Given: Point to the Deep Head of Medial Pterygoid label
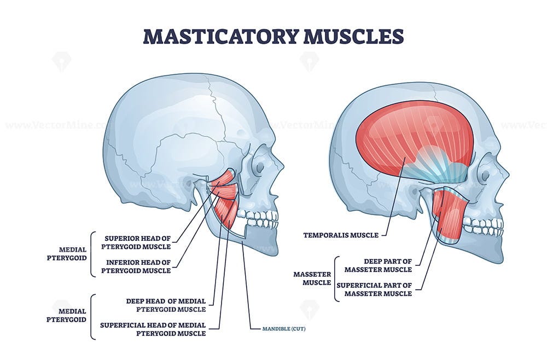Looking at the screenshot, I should (166, 305).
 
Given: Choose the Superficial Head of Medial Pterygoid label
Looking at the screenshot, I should (153, 329).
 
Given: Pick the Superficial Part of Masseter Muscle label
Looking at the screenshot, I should (374, 289).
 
